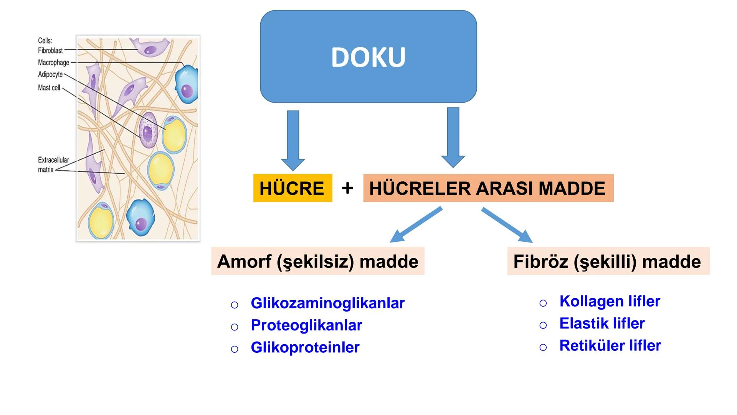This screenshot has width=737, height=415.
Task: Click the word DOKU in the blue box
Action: click(x=368, y=57)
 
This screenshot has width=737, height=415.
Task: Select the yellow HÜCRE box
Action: click(x=292, y=188)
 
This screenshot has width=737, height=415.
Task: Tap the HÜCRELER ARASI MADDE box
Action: click(x=488, y=188)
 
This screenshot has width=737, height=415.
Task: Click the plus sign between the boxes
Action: click(x=347, y=188)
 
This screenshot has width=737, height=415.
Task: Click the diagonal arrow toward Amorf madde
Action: click(x=416, y=225)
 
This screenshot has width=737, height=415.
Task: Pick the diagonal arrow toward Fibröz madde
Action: click(x=507, y=225)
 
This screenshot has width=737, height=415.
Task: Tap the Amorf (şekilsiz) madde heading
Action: click(x=317, y=261)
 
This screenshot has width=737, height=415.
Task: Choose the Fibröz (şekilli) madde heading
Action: click(x=608, y=261)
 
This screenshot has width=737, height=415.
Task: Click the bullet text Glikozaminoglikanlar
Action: click(x=327, y=303)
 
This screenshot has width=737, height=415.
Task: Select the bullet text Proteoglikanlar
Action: click(x=306, y=325)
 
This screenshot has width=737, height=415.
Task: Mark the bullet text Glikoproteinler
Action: click(x=305, y=347)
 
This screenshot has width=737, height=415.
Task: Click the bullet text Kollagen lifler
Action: click(x=610, y=301)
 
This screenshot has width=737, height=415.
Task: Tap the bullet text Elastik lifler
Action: click(x=601, y=324)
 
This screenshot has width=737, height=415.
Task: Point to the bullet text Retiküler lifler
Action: click(x=610, y=345)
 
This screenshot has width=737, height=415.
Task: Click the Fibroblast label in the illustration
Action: click(x=50, y=50)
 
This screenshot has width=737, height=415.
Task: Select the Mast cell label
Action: click(x=49, y=88)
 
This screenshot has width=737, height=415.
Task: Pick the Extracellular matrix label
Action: click(x=53, y=164)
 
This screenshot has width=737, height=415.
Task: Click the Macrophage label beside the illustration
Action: click(x=53, y=62)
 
